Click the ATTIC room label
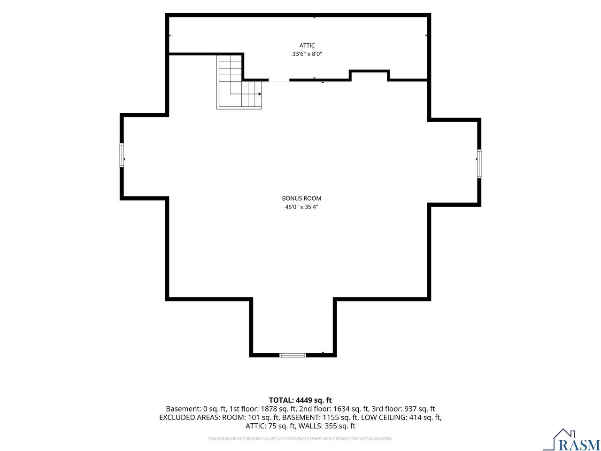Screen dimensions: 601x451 coord(307,46)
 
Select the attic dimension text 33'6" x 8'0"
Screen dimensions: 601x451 coord(307,54)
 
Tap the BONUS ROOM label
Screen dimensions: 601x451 coord(301,198)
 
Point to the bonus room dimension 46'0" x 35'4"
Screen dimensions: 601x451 coord(301,207)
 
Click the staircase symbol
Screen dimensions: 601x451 coord(239,82)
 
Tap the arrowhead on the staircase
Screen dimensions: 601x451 coord(260,94)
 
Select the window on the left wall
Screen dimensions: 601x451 coord(122,155)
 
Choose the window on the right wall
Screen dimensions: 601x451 coord(479,163)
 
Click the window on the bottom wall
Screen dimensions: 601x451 coord(293,355)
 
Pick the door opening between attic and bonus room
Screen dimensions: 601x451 coord(279,80)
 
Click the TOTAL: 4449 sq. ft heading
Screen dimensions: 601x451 coord(300,400)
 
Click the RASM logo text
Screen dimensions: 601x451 coord(576,444)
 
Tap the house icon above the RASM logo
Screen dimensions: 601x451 coord(563,435)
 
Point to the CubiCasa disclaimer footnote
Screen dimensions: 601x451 coord(300,439)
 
